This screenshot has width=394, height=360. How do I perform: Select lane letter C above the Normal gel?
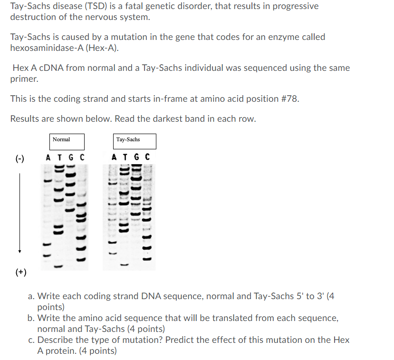click(x=82, y=157)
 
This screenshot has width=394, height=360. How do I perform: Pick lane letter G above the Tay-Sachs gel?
click(x=137, y=157)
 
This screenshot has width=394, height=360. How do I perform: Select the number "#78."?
click(x=287, y=98)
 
